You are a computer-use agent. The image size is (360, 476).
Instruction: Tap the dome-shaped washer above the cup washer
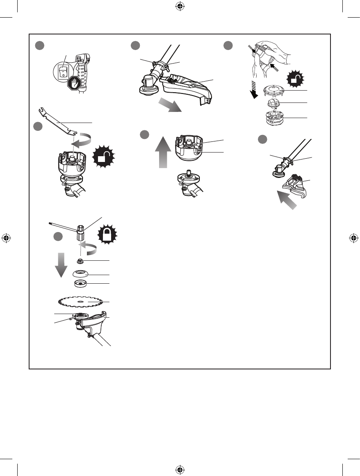tap(81, 274)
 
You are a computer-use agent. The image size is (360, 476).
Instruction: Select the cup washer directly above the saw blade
tap(81, 284)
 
